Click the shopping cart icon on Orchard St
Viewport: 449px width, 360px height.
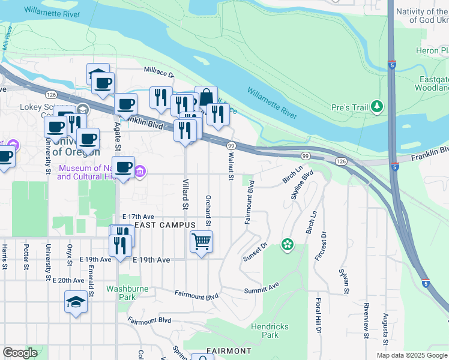pyautogui.click(x=201, y=242)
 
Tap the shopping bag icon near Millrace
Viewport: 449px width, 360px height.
pyautogui.click(x=206, y=97)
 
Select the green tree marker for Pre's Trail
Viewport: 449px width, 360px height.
pyautogui.click(x=377, y=107)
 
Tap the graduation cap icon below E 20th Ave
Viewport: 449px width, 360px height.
pyautogui.click(x=76, y=302)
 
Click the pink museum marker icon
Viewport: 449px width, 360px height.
pyautogui.click(x=140, y=172)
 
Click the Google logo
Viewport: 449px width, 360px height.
pyautogui.click(x=20, y=353)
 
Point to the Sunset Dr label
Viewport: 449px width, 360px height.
pyautogui.click(x=255, y=253)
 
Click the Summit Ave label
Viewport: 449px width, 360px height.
pyautogui.click(x=261, y=290)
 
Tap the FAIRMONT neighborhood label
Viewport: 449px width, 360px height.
pyautogui.click(x=228, y=351)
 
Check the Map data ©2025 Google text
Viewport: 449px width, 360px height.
pyautogui.click(x=412, y=355)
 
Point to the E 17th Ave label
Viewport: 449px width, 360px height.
pyautogui.click(x=137, y=217)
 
